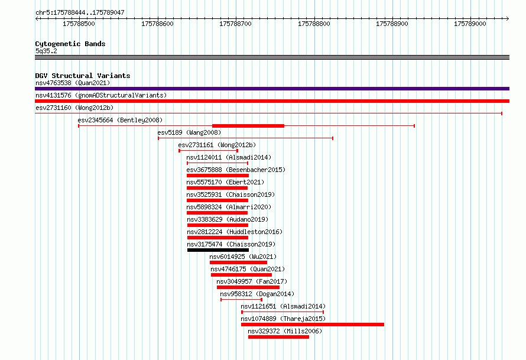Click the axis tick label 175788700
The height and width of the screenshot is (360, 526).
tap(235, 24)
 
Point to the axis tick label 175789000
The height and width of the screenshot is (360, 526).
tap(470, 24)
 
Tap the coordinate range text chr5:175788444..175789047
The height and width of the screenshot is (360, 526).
tap(80, 13)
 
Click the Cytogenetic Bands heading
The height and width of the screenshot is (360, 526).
tap(70, 44)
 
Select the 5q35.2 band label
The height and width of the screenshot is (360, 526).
tap(46, 51)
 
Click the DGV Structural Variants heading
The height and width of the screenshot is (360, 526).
tap(83, 76)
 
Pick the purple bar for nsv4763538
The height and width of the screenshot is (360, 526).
tap(272, 89)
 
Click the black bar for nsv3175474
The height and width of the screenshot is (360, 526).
tap(218, 250)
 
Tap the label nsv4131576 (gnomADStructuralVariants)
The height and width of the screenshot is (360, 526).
tap(101, 95)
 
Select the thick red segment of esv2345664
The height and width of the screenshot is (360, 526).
tap(248, 126)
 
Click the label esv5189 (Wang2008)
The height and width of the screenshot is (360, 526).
tap(189, 132)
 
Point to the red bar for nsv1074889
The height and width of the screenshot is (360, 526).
tap(313, 325)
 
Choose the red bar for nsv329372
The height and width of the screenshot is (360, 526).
tap(279, 337)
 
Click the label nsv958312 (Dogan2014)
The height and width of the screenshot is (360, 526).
tap(257, 294)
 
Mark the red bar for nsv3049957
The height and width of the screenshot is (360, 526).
tap(248, 287)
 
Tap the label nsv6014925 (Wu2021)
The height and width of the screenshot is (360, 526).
tap(243, 257)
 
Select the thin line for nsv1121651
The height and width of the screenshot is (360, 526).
tap(283, 312)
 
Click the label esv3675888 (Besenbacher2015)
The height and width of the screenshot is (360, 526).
tap(236, 170)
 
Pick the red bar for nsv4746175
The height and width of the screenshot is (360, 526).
tap(242, 275)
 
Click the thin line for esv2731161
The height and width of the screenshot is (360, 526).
tap(209, 151)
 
